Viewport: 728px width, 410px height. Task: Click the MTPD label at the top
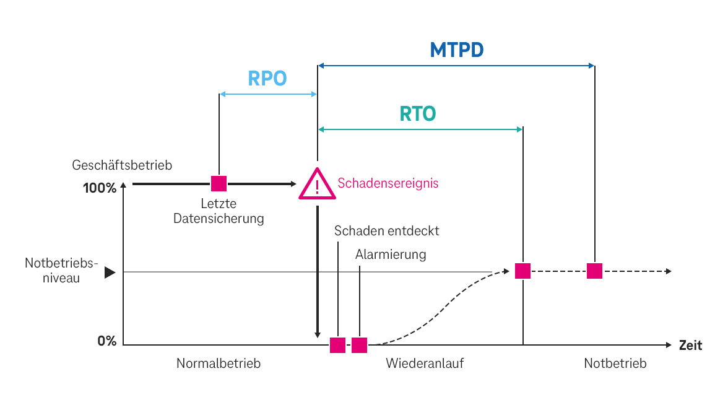457,50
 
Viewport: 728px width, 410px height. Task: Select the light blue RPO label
267,79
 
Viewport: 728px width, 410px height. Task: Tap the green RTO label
418,114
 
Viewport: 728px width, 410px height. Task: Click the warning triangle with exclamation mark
317,185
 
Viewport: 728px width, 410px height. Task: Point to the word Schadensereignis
388,183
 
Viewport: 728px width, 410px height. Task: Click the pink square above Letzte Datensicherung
219,183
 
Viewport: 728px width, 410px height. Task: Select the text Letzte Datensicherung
219,211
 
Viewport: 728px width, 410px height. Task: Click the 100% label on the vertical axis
100,188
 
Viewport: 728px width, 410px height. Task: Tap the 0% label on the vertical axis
106,341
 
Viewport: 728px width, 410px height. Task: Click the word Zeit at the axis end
690,346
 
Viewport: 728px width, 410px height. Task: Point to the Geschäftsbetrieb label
122,165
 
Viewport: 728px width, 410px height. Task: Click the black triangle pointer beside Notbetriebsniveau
110,272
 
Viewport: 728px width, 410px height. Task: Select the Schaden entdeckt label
387,231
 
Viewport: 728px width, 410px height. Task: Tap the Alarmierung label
391,255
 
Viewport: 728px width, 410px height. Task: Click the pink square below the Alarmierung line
360,345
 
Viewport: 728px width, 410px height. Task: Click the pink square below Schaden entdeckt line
337,345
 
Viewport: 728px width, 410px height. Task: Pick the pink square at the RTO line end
523,271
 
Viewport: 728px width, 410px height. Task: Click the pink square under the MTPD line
594,271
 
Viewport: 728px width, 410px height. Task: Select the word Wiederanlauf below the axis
425,364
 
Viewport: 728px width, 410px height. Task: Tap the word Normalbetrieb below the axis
219,364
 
